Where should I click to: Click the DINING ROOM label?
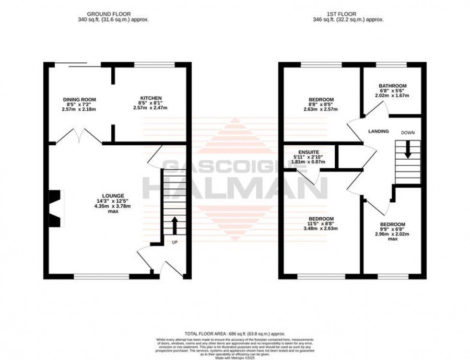[x=79, y=99]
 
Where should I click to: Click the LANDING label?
[x=378, y=131]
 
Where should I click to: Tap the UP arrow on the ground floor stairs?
[x=174, y=225]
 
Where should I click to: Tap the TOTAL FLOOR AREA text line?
[x=235, y=333]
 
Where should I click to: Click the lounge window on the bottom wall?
[x=101, y=276]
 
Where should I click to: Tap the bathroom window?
[x=391, y=65]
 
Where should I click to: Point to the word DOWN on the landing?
[x=409, y=132]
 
